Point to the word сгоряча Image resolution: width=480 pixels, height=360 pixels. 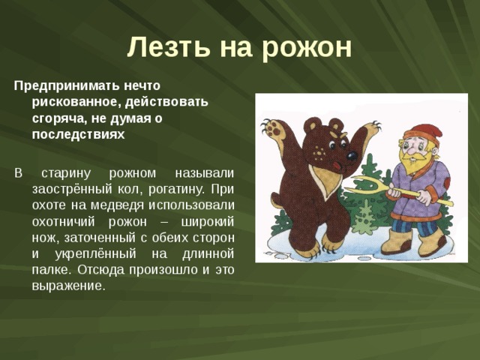(x=57, y=118)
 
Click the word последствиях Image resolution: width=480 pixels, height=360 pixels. (x=78, y=135)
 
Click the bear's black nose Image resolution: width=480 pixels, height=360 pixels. (x=351, y=156)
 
